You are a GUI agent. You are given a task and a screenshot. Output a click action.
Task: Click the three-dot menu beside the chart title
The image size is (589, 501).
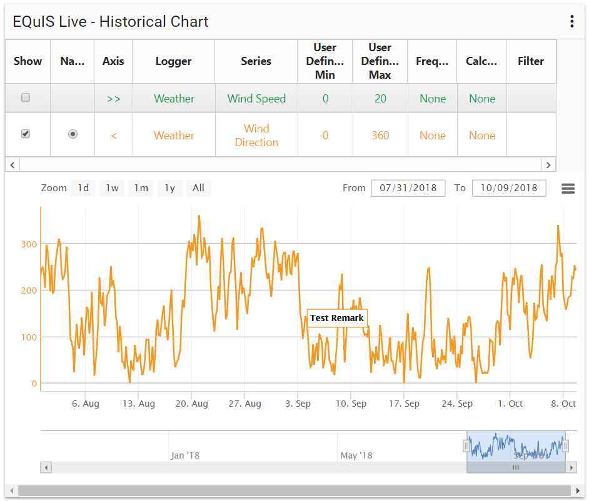[571, 22]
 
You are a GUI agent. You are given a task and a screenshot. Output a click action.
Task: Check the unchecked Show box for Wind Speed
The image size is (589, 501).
[26, 97]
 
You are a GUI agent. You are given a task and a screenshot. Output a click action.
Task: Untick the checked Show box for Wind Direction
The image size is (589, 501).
[26, 134]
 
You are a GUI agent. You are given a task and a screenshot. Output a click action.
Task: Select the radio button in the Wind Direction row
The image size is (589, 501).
[73, 134]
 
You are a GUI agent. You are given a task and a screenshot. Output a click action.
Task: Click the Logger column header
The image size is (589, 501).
[174, 61]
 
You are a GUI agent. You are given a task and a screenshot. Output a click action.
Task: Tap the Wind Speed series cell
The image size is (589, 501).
[256, 99]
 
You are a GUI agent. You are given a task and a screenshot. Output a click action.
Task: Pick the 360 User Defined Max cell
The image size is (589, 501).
[380, 136]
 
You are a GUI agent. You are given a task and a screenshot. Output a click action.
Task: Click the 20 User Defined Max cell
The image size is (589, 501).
[380, 99]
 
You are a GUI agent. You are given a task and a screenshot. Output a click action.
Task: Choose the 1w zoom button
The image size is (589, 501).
[112, 188]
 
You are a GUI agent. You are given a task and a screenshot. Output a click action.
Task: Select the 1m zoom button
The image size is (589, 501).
[141, 188]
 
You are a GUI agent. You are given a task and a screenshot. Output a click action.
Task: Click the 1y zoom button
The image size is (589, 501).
[169, 188]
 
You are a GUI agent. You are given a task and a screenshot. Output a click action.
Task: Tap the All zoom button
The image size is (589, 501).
[198, 188]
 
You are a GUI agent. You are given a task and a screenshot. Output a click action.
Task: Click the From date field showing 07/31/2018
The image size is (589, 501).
[408, 188]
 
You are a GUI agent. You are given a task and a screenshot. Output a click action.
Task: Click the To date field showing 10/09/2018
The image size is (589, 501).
[509, 188]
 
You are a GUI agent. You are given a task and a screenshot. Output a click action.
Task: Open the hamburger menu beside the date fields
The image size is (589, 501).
[568, 189]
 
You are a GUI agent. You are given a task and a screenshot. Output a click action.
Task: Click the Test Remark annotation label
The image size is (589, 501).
[337, 318]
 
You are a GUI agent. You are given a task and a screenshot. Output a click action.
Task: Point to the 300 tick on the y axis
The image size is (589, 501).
[29, 244]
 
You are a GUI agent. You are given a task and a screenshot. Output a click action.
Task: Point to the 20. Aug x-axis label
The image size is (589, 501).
[191, 404]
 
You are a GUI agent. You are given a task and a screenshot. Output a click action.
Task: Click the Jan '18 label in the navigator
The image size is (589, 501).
[185, 455]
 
